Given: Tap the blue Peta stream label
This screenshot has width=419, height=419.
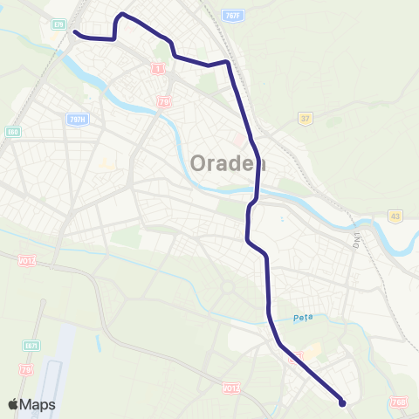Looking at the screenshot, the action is (x=302, y=319).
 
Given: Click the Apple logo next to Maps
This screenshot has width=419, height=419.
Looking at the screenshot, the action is (x=14, y=404).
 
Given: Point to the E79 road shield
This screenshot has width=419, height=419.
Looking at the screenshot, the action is (x=58, y=24).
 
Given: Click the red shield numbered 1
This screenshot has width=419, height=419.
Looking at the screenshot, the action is (x=158, y=67).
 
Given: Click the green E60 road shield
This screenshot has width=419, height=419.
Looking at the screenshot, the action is (x=13, y=131).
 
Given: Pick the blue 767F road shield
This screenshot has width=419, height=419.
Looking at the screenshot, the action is (x=231, y=17).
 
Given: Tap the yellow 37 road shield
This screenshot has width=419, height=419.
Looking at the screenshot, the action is (x=305, y=119).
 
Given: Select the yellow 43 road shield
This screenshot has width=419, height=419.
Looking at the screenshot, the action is (x=395, y=216).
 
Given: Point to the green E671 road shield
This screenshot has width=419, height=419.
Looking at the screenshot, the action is (x=31, y=346).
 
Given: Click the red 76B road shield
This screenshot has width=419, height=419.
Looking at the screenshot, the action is (x=399, y=402).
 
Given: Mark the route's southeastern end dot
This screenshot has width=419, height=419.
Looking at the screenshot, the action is (x=342, y=403).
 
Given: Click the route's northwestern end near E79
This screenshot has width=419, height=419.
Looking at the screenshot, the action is (x=75, y=33).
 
